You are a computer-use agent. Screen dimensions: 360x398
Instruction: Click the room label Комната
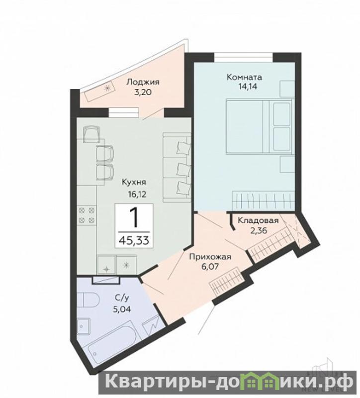pos(244,77)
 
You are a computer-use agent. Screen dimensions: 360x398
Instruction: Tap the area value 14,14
pos(248,87)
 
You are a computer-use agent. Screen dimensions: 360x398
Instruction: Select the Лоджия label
pos(143,82)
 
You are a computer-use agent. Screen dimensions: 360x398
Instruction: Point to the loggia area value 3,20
pos(143,92)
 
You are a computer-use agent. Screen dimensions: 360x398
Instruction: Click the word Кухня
pos(134,182)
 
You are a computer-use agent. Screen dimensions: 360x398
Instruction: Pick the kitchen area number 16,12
pos(137,195)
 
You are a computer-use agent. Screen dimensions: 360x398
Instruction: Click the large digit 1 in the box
pos(134,217)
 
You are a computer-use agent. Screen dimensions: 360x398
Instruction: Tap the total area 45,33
pos(134,240)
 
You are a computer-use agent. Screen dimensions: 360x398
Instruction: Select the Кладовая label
pos(258,220)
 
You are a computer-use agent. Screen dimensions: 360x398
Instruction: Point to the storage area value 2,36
pos(260,231)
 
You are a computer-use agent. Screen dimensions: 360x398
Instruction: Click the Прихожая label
pos(210,257)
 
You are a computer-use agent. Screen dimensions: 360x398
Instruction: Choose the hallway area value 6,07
pos(210,267)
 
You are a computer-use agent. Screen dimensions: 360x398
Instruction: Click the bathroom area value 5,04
pos(122,309)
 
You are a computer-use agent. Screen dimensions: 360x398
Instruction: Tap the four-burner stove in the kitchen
pos(87,215)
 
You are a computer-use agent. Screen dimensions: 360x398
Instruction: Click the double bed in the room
pos(259,126)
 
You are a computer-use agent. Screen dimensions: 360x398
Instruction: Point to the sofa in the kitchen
pos(177,168)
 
